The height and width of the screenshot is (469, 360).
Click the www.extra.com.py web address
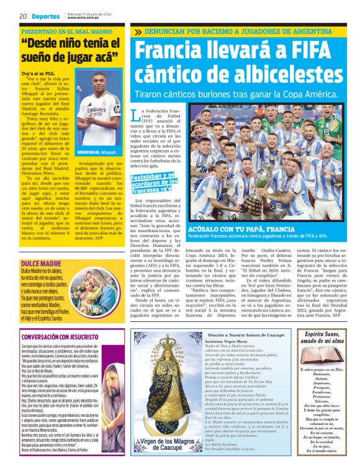(83, 18)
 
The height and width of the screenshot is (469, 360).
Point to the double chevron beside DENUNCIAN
(138, 32)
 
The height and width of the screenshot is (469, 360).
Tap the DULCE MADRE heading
(40, 264)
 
